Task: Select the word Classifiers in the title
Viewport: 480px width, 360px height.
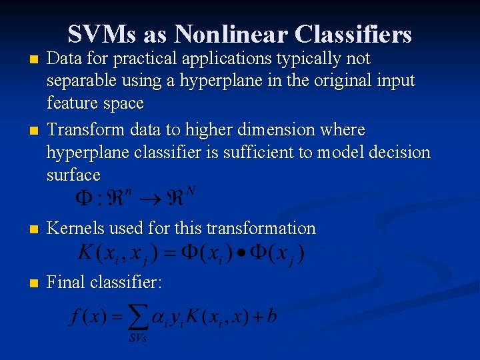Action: (x=353, y=34)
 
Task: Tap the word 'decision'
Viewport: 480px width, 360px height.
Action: (x=401, y=152)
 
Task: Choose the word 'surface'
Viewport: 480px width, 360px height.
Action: (x=73, y=175)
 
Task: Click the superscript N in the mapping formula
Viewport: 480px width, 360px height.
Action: (x=192, y=191)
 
